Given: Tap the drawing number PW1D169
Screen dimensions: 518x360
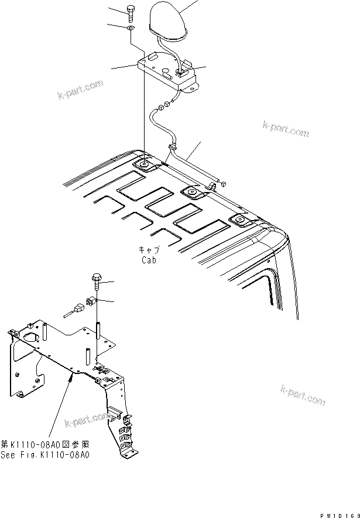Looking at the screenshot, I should pos(338,513).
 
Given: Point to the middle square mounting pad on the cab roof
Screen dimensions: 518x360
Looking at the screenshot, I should pos(191,192).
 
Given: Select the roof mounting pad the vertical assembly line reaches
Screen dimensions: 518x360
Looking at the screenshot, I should pos(143,166).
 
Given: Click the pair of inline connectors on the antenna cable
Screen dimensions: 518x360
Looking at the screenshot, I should pos(161,107).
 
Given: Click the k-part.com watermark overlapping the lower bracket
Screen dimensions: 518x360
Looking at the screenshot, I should pos(88,420).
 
